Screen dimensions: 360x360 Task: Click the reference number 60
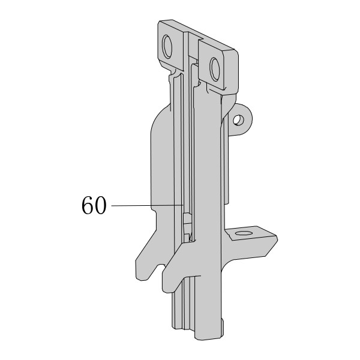[x=94, y=205]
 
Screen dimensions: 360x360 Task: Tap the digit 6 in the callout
[x=88, y=205]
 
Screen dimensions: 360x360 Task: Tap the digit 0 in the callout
[x=101, y=205]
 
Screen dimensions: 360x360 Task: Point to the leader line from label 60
[x=148, y=205]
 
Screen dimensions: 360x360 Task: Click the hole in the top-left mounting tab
[x=167, y=47]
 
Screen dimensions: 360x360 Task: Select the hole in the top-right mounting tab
[x=215, y=69]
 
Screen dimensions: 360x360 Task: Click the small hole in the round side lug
[x=238, y=120]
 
